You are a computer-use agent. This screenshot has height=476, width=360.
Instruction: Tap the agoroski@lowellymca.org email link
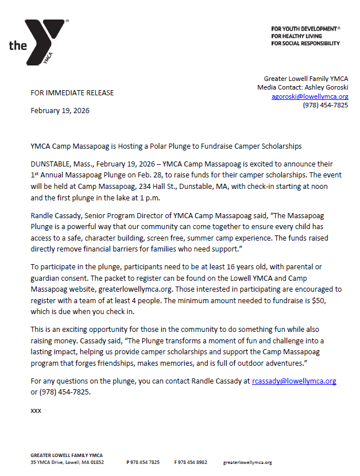(x=309, y=96)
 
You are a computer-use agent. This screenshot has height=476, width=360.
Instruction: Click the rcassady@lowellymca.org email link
(x=293, y=381)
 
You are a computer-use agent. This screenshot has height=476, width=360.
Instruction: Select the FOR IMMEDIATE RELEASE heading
(x=72, y=92)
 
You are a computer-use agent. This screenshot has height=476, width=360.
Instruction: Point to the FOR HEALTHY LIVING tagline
(x=297, y=36)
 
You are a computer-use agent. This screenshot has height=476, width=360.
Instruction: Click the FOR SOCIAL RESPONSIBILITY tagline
(x=305, y=43)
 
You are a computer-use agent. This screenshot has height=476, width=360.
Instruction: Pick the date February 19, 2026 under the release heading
(x=60, y=111)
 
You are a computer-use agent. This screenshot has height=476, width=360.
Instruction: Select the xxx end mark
(x=36, y=411)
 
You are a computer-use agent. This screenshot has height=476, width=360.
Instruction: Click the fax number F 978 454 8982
(x=191, y=462)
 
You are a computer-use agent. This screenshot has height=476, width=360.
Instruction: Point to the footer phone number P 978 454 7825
(x=143, y=462)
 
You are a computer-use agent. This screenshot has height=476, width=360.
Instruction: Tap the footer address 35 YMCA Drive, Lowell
(x=67, y=462)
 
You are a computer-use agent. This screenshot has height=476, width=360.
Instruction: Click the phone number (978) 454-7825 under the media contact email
(x=325, y=105)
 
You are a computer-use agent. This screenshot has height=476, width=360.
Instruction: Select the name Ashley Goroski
(x=330, y=87)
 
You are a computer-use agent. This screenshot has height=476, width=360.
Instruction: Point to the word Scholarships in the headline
(x=281, y=146)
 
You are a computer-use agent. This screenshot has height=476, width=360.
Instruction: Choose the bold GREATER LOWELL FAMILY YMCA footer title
(x=67, y=455)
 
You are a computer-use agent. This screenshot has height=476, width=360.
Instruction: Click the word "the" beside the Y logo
(x=18, y=45)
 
